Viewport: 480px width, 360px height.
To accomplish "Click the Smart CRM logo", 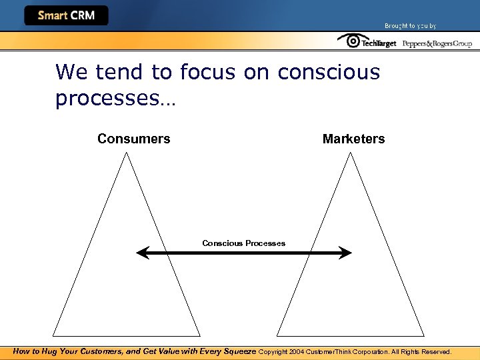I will pos(66,15).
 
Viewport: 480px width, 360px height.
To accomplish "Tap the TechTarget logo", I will pos(367,42).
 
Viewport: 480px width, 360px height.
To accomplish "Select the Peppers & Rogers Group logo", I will pos(437,43).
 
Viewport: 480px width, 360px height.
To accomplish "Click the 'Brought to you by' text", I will pos(410,26).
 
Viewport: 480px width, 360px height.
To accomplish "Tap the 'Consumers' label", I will pos(133,139).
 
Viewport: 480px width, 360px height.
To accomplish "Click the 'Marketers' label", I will pos(353,139).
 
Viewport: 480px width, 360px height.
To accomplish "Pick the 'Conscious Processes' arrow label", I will pos(243,243).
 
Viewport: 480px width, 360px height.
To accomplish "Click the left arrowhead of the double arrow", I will pos(141,253).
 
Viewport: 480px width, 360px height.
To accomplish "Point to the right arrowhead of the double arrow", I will pos(346,253).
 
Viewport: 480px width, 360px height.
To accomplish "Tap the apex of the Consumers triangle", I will pos(127,153).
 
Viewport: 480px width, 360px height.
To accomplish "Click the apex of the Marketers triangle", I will pos(351,153).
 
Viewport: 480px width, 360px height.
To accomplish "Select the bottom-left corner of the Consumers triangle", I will pos(54,335).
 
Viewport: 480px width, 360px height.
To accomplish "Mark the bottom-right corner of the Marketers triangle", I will pos(424,335).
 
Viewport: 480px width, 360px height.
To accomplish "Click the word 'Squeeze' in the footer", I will pos(237,351).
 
